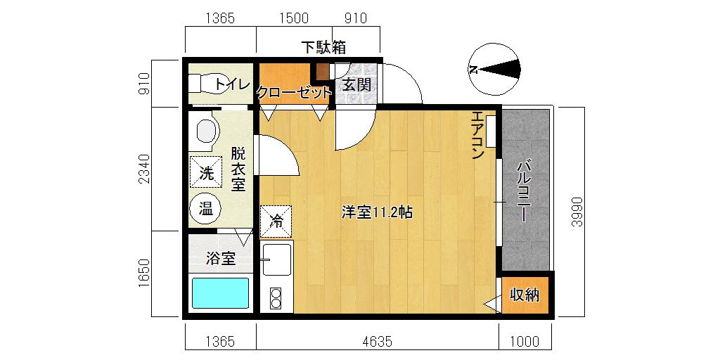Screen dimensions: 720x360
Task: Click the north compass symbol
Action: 494,69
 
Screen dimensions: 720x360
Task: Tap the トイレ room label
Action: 232,84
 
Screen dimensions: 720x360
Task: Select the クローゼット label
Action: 293,93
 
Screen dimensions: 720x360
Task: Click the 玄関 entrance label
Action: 356,84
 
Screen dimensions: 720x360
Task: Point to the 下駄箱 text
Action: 323,48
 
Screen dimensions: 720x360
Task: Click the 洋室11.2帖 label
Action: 377,212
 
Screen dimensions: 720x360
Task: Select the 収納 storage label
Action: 525,295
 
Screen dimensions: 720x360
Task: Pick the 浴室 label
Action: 221,259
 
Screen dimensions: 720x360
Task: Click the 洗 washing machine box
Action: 206,172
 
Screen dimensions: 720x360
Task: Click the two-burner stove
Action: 276,298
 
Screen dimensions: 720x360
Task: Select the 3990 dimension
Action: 577,212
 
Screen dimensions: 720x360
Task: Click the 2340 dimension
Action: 145,169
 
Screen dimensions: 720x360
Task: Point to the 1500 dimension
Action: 294,18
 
